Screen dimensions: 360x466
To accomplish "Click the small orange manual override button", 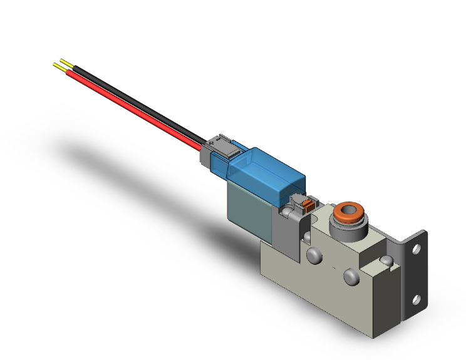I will (307, 203).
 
